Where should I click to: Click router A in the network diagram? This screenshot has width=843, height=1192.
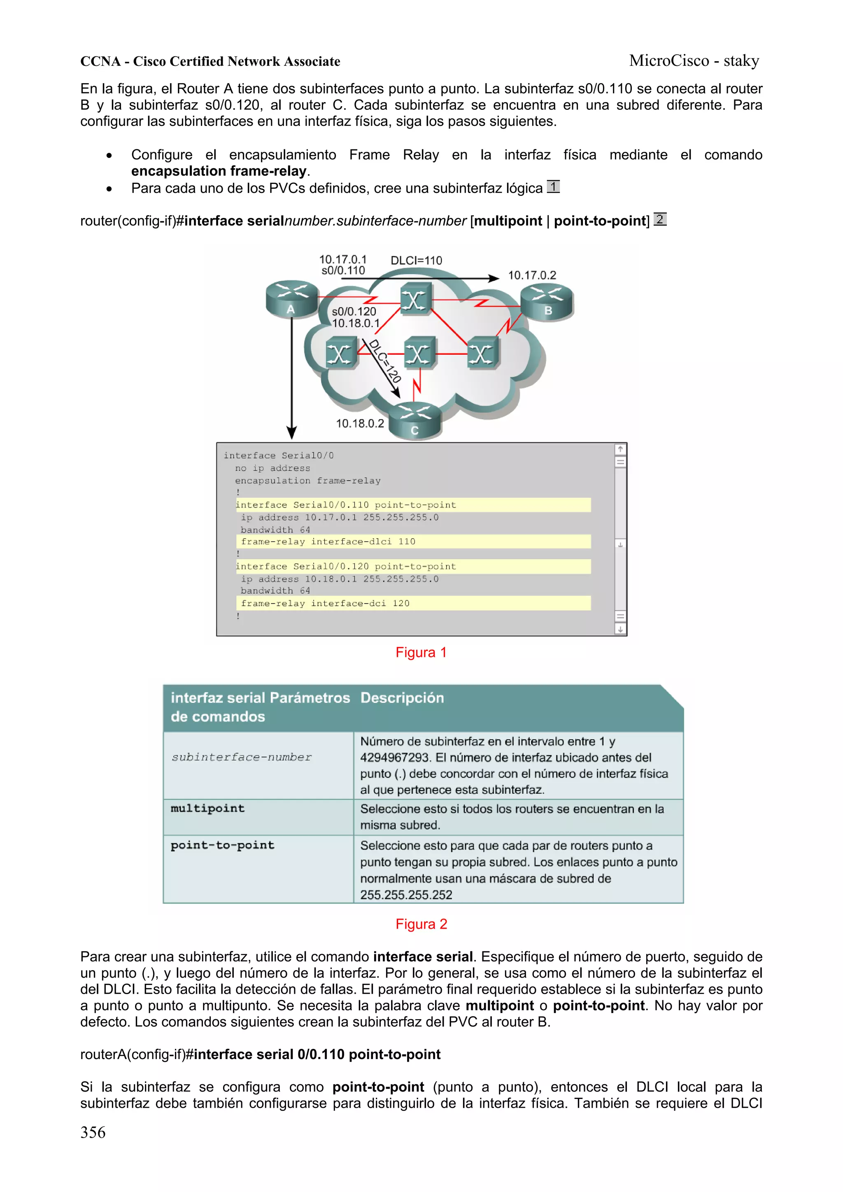pos(291,299)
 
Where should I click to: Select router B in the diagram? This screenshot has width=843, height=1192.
pos(547,303)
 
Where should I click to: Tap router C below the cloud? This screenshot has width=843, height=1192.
pos(415,421)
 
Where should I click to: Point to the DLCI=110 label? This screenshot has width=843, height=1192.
pos(416,260)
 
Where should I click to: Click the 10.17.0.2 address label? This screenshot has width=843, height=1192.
pos(531,275)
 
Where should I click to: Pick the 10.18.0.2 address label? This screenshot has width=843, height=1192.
pos(359,424)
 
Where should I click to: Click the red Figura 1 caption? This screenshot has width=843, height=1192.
pos(421,652)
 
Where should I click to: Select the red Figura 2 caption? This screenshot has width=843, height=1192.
pos(421,924)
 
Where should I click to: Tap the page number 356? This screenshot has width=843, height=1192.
pos(93,1132)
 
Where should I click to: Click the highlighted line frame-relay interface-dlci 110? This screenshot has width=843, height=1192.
pos(328,541)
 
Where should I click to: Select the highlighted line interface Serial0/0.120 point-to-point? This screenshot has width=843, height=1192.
pos(346,567)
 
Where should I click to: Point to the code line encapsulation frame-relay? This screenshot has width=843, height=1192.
pos(307,481)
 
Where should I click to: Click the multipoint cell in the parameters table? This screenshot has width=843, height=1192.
pos(208,809)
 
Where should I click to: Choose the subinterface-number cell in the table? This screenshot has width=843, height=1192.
pos(242,757)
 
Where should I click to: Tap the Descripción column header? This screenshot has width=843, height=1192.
pos(402,698)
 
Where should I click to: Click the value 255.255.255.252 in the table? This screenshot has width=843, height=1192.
pos(406,895)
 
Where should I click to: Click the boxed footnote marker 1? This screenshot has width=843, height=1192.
pos(553,186)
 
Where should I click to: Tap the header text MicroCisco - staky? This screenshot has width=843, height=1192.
pos(694,61)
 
